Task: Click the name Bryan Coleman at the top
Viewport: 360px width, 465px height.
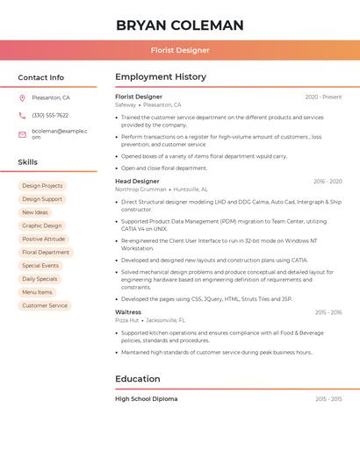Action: pos(180,25)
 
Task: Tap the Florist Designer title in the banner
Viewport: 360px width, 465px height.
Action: pos(180,50)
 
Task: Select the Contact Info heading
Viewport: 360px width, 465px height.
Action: pos(41,77)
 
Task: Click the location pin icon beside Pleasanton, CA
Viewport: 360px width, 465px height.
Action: pos(22,98)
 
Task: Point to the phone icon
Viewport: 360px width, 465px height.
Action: pos(22,115)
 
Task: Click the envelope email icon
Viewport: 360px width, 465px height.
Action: pos(22,134)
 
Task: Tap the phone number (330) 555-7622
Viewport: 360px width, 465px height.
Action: pos(50,115)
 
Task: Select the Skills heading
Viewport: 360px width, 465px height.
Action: pos(28,162)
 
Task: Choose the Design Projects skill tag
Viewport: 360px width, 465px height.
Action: pos(42,186)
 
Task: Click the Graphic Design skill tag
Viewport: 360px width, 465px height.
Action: pos(42,225)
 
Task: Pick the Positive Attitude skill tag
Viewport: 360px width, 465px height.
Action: pos(44,239)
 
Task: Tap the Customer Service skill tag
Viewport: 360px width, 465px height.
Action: pos(45,305)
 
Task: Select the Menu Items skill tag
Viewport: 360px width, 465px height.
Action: pos(38,292)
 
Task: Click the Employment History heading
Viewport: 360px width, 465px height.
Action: pos(161,77)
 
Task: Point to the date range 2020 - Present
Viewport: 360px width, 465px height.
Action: pos(323,97)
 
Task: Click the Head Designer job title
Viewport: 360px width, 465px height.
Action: pos(138,182)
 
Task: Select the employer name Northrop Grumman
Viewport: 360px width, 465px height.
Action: pos(140,190)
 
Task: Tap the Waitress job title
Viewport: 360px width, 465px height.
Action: pos(128,312)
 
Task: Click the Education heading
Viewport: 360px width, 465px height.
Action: pos(138,379)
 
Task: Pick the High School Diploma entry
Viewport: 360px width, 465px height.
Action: pos(147,398)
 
